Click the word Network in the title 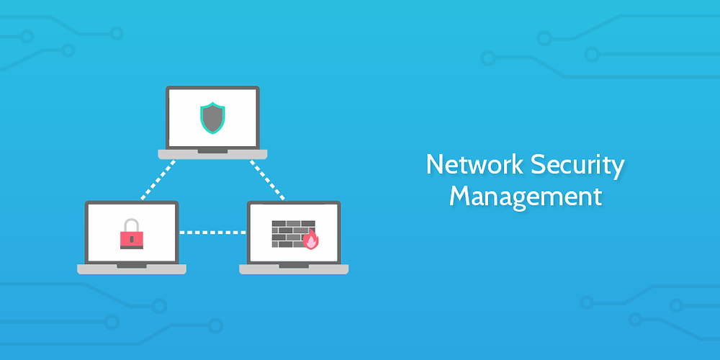click(x=474, y=165)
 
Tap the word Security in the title click(x=577, y=165)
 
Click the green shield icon click(x=212, y=117)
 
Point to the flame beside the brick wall click(x=311, y=240)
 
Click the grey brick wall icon click(x=292, y=233)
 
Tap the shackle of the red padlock click(x=131, y=225)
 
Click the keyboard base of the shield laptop click(x=212, y=153)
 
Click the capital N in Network click(x=434, y=165)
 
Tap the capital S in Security click(x=539, y=165)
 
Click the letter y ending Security click(x=618, y=168)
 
